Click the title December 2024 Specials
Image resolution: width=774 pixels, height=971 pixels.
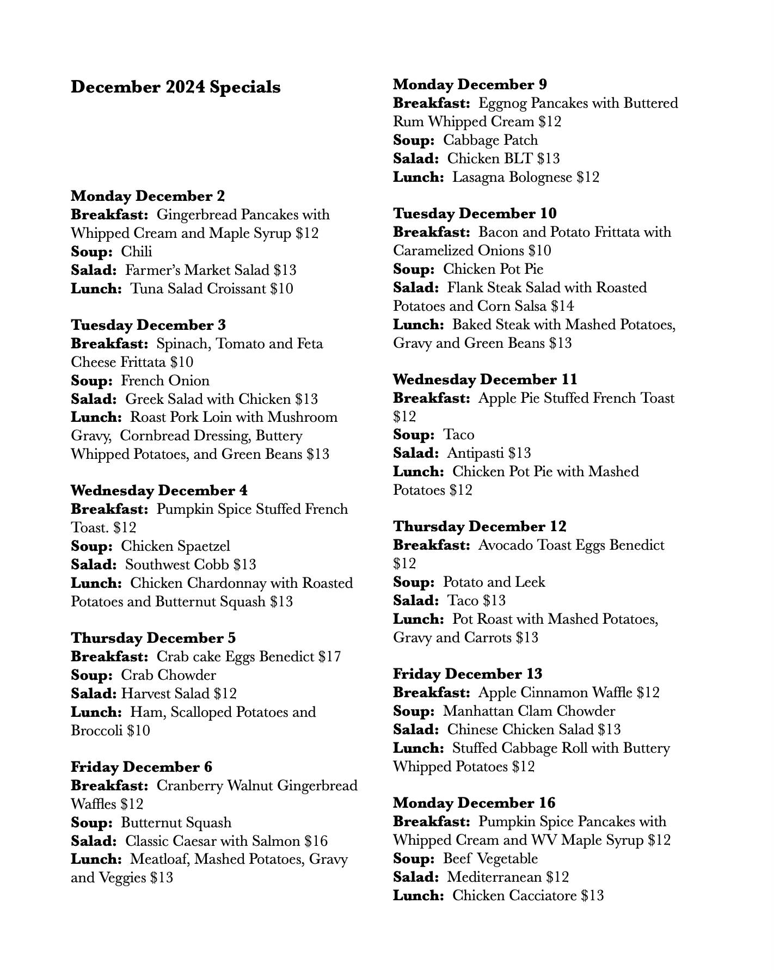point(175,87)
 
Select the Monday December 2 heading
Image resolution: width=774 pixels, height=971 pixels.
point(148,196)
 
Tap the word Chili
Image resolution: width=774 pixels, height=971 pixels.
point(136,251)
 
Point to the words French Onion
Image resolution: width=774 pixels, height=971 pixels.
point(165,380)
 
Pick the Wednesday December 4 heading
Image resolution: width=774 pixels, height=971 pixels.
point(159,490)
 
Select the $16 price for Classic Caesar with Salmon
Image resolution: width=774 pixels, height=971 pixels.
point(316,841)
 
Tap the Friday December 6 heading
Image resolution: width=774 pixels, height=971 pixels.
point(142,767)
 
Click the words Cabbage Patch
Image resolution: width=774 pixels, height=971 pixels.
point(490,140)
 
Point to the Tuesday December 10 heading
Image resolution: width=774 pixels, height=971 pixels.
point(475,213)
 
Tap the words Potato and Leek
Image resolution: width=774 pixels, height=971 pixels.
point(494,582)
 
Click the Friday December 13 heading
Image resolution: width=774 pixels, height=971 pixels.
point(468,674)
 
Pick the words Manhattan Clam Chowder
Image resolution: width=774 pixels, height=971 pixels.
point(529,711)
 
